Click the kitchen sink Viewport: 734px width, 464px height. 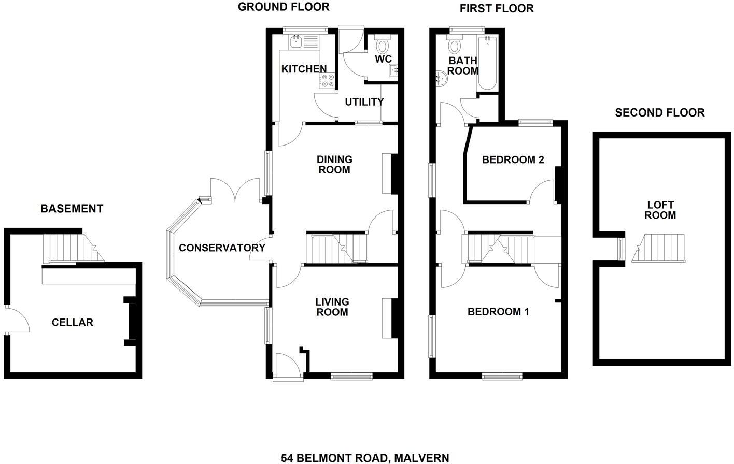297,42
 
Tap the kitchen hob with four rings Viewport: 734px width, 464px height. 327,81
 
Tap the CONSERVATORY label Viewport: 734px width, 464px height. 222,248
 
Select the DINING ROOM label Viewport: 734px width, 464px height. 334,165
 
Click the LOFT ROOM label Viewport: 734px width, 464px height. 660,210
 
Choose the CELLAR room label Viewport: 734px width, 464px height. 73,323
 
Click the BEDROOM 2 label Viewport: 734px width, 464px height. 513,160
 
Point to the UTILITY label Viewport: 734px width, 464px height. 364,102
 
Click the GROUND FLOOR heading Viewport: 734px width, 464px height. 284,7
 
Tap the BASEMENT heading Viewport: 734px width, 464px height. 72,209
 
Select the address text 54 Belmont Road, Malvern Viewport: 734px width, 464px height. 365,458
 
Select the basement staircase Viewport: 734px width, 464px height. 70,248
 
